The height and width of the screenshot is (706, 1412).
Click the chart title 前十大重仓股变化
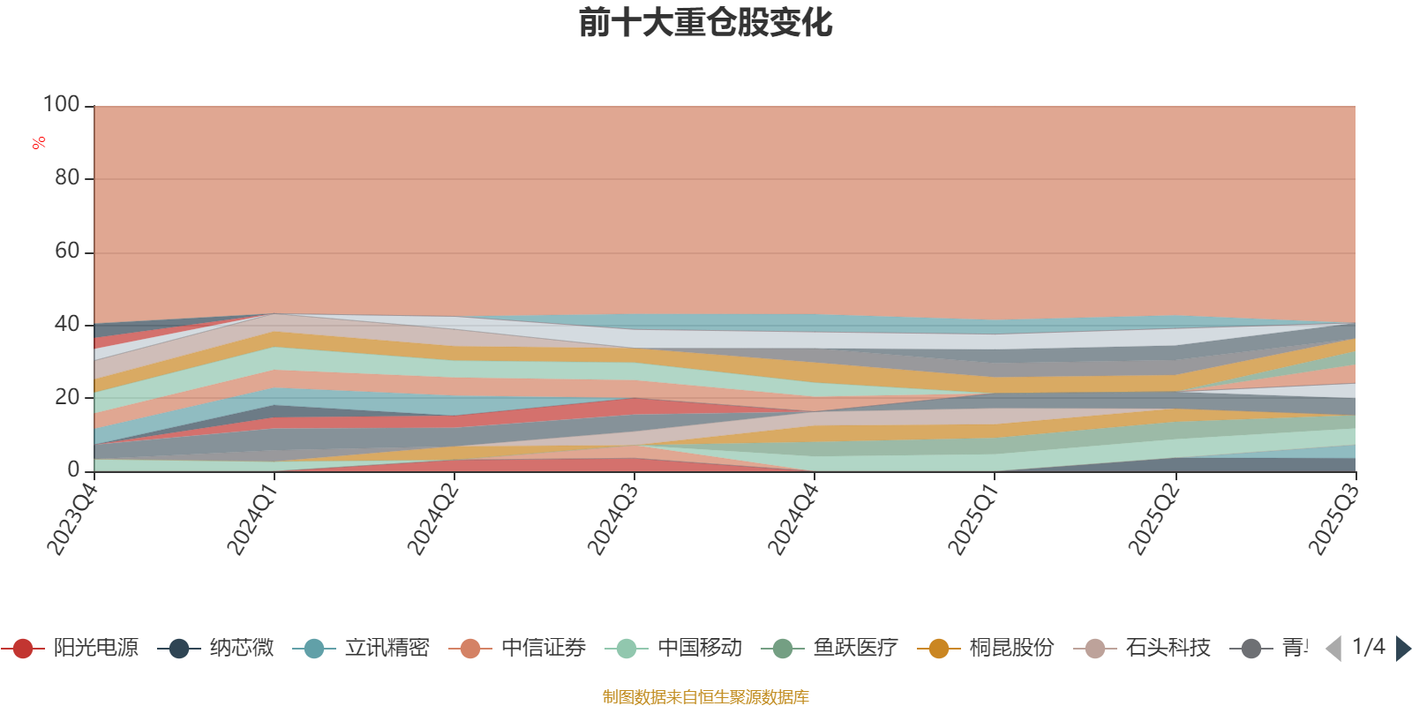point(706,23)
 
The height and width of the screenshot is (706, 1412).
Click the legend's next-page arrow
point(1403,649)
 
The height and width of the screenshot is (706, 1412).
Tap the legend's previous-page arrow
point(1333,649)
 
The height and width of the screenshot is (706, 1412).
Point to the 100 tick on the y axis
point(62,105)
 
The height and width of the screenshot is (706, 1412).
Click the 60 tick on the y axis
point(67,252)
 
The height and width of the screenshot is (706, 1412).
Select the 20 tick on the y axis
point(67,398)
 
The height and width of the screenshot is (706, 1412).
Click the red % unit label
point(39,143)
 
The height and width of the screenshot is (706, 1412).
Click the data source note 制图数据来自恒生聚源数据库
point(706,697)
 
